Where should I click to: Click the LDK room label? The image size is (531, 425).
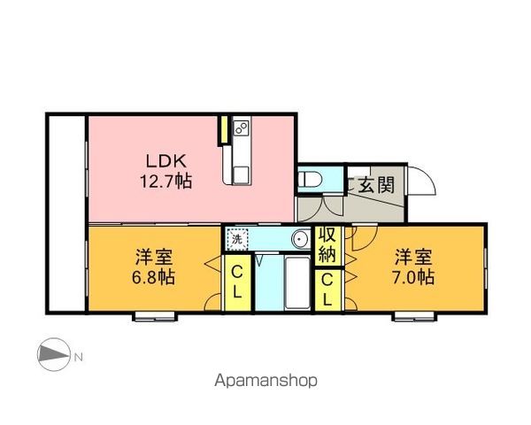tap(166, 161)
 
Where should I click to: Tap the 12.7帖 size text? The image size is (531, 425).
tap(166, 182)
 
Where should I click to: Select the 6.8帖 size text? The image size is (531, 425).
tap(153, 277)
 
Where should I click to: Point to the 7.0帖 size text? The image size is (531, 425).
tap(413, 277)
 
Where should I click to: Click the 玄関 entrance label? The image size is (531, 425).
tap(376, 185)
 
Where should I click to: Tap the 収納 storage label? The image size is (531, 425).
tap(327, 245)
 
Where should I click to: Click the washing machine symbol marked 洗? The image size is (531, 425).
tap(237, 239)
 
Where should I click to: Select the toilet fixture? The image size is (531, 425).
tap(310, 179)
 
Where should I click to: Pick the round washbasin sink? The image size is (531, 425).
tap(300, 239)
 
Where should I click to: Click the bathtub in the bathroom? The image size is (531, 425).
tap(297, 283)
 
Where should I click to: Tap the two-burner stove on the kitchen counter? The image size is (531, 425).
tap(242, 127)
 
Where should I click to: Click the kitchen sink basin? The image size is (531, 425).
tap(241, 174)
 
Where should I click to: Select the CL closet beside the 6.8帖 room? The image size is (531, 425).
tap(237, 282)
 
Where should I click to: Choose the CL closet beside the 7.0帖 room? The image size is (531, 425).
tap(327, 290)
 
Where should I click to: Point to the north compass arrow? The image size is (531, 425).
tap(54, 354)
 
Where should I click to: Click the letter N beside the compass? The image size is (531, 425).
tap(78, 357)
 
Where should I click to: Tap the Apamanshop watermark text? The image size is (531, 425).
tap(265, 381)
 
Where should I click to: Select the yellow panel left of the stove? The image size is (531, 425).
tap(224, 130)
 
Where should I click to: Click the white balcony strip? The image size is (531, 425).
tap(66, 213)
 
